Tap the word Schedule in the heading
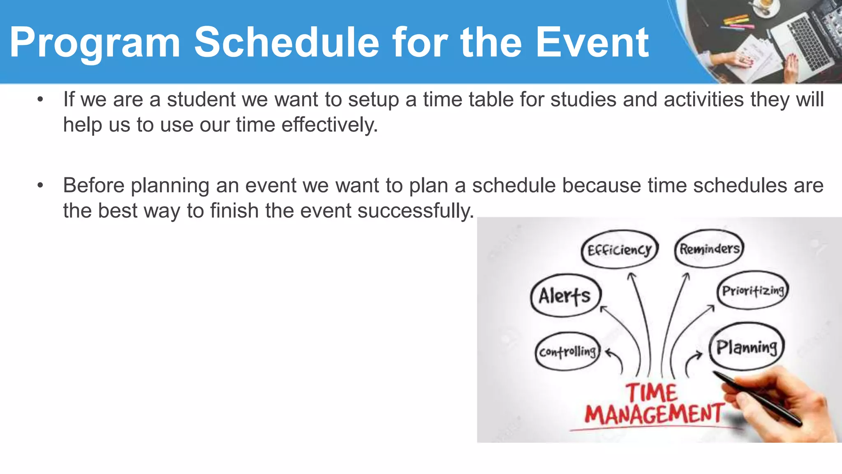pos(287,42)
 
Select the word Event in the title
pos(592,42)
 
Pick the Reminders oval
pos(709,249)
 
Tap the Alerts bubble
pos(565,295)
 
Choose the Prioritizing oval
pos(753,291)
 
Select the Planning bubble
pos(747,347)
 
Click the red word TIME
pos(652,392)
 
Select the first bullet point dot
pos(40,100)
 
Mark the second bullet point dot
pos(40,186)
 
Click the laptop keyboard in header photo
pos(806,39)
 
